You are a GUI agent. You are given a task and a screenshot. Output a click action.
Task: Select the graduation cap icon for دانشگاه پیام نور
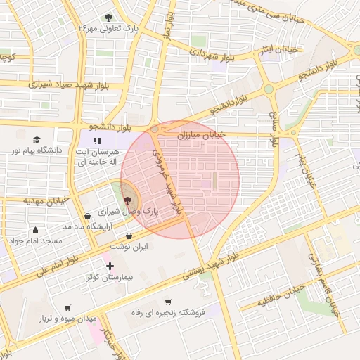pyautogui.click(x=36, y=139)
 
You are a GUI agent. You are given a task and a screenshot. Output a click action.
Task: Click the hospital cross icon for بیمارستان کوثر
pyautogui.click(x=109, y=266)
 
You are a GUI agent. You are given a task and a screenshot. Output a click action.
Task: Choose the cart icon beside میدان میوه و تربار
pyautogui.click(x=67, y=307)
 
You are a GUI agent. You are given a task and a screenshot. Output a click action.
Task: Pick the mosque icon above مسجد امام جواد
pyautogui.click(x=35, y=230)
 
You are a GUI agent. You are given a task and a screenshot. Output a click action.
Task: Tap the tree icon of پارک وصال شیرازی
pyautogui.click(x=127, y=200)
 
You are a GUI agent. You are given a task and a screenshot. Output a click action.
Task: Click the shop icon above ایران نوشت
pyautogui.click(x=128, y=236)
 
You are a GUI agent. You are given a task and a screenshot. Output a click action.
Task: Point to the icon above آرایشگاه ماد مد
pyautogui.click(x=86, y=215)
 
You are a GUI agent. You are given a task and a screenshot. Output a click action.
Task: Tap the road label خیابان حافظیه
pyautogui.click(x=281, y=297)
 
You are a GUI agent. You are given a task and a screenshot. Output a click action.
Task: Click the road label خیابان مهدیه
pyautogui.click(x=45, y=200)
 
